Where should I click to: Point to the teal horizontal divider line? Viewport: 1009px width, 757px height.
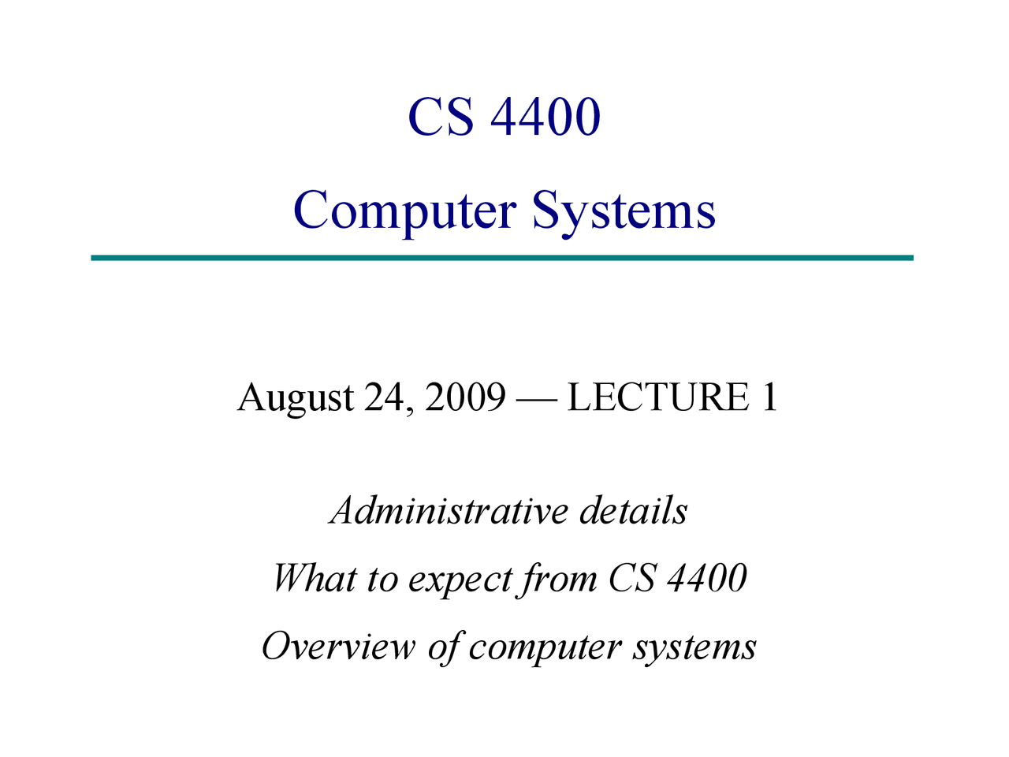[x=502, y=258]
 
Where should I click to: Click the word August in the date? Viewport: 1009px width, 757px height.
[x=296, y=397]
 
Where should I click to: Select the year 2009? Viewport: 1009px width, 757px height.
[x=464, y=397]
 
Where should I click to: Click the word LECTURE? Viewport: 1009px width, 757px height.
[x=658, y=397]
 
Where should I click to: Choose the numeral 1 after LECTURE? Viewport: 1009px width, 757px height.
[x=769, y=397]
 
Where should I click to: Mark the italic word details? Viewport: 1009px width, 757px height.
[x=633, y=510]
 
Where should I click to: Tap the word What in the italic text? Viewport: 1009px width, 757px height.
[x=314, y=578]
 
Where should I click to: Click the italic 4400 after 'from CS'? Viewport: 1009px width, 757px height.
[x=706, y=578]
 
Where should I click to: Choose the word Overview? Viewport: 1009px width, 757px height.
[x=338, y=647]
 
